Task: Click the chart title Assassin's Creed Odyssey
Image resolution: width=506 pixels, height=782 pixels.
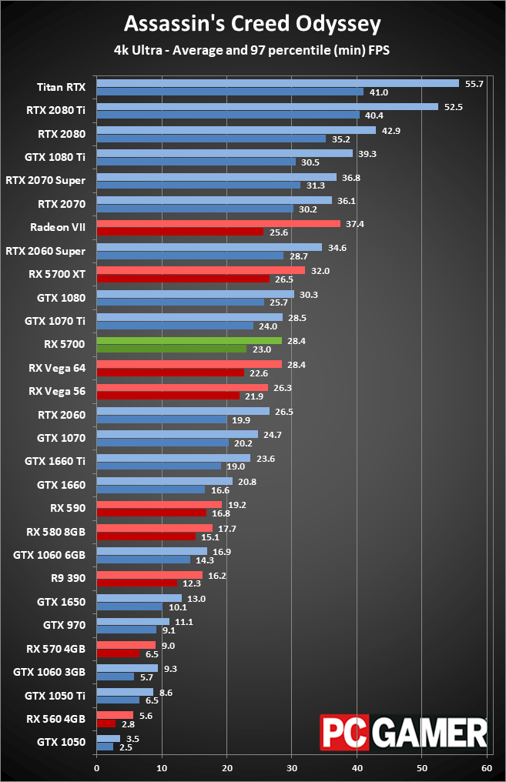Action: click(x=253, y=24)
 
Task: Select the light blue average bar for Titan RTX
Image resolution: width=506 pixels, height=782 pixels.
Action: click(x=277, y=83)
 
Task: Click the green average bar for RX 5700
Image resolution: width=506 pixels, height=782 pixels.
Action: click(x=189, y=340)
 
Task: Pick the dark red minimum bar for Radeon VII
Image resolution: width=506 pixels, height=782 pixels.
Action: click(x=179, y=231)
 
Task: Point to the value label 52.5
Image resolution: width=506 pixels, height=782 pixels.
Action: click(x=453, y=107)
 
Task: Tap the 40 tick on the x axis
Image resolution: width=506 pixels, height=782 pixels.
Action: click(x=357, y=767)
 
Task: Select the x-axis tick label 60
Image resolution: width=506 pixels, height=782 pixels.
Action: click(x=487, y=767)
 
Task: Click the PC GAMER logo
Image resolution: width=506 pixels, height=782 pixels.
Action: click(x=404, y=732)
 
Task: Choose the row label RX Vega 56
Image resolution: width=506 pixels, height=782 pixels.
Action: click(x=56, y=391)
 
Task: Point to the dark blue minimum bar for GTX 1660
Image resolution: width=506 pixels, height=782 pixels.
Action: click(x=151, y=489)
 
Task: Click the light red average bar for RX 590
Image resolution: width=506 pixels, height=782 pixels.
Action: click(x=159, y=504)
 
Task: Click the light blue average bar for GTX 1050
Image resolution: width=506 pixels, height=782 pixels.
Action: click(x=108, y=738)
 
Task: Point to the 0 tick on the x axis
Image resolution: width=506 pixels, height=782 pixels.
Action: click(x=96, y=767)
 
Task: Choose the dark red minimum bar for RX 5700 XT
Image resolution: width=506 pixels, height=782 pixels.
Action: click(x=183, y=278)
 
